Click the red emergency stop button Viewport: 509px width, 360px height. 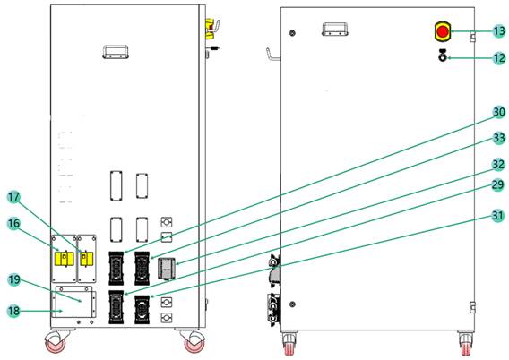point(443,31)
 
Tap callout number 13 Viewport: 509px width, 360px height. point(499,31)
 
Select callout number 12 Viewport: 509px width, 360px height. point(499,58)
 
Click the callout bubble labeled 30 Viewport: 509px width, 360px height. point(499,112)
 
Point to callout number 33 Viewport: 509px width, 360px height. point(499,138)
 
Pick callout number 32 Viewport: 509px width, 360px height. point(498,165)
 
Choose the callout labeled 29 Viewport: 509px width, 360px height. point(497,184)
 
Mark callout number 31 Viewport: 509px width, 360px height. point(497,215)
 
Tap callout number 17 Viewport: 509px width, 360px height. point(14,197)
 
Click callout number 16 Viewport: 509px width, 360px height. point(14,223)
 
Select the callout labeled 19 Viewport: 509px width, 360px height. point(14,279)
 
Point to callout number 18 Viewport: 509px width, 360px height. point(14,311)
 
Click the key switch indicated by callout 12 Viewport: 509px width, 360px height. point(443,56)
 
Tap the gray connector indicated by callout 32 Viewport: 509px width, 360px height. point(167,269)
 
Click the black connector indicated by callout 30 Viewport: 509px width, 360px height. point(116,269)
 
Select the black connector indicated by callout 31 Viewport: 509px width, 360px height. point(142,309)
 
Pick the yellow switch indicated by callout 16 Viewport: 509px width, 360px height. point(65,259)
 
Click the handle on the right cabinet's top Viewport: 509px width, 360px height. point(334,29)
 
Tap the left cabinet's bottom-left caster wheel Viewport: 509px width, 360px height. point(56,342)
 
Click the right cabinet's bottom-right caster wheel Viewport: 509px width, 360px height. point(466,344)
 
